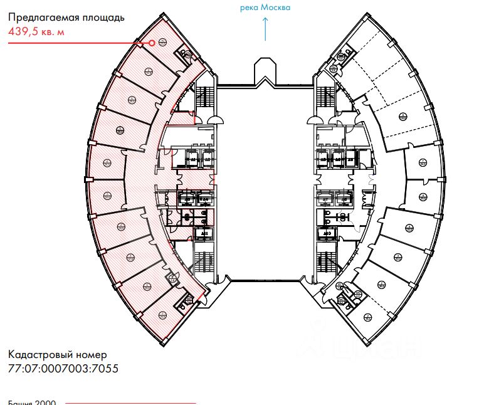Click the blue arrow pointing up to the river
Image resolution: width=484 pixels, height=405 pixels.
[x=265, y=29]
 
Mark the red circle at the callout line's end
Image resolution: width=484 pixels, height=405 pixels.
[x=152, y=43]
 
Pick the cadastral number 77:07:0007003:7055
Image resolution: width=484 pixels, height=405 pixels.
[x=63, y=369]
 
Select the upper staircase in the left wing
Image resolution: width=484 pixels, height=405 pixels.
[x=205, y=100]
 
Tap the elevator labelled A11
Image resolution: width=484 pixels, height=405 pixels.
[x=204, y=234]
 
